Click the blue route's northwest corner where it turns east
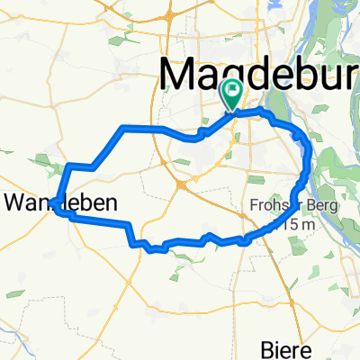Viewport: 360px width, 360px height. pos(123,128)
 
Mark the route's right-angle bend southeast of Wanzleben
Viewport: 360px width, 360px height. pos(132,224)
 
